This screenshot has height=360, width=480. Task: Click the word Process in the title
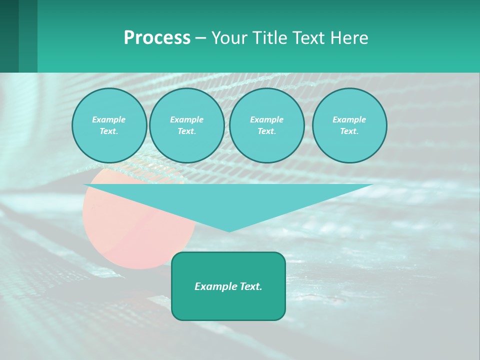(157, 38)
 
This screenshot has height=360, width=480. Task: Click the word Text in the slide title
(309, 38)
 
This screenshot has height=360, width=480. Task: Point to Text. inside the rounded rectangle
(250, 286)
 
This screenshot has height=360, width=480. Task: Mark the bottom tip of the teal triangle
(229, 230)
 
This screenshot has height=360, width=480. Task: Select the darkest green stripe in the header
(9, 36)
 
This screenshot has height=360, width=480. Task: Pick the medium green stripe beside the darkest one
(28, 36)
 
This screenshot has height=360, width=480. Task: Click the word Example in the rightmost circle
(349, 119)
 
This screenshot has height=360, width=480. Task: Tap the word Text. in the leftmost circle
(109, 131)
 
